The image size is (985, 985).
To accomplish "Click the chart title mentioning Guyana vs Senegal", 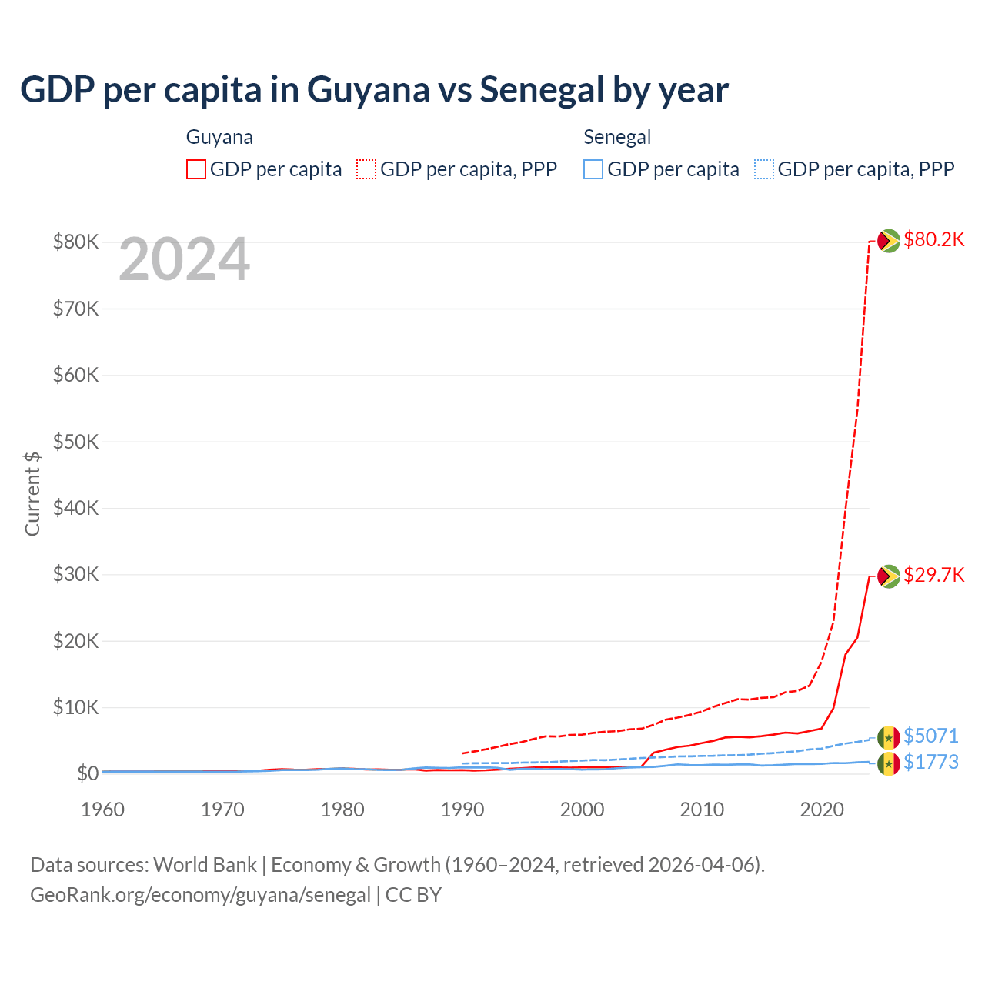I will tap(374, 90).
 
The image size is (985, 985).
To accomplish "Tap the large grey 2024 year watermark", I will tap(184, 260).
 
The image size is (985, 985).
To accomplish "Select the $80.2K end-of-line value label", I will tap(933, 239).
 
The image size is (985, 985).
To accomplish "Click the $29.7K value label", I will tap(933, 575).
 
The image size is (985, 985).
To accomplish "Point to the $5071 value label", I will tap(930, 736).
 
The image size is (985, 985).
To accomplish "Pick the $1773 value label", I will tap(930, 762).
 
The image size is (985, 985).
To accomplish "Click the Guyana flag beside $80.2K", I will tap(889, 241).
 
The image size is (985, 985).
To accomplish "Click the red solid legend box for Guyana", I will tap(196, 169).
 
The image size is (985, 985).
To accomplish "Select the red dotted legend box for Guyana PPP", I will tap(366, 169).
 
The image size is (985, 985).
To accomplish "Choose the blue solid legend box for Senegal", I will tap(593, 169).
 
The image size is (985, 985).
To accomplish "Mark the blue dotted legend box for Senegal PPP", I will tap(764, 169).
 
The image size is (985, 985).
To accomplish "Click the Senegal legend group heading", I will tap(617, 137).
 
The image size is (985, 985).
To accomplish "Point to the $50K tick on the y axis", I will tap(75, 442).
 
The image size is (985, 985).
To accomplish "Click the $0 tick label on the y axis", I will tap(88, 773).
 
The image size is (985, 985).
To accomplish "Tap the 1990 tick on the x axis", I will tap(462, 810).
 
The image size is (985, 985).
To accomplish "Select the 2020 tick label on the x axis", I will tap(822, 810).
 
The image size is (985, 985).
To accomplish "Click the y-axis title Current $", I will tap(32, 493).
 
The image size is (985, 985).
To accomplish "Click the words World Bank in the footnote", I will tap(205, 865).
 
